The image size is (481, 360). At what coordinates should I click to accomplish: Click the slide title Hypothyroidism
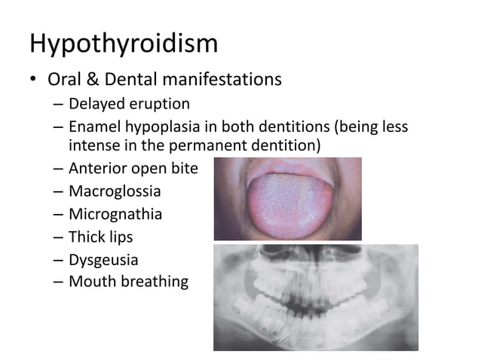124,43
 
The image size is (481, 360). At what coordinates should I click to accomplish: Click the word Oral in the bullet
66,79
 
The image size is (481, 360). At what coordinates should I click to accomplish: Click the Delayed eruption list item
129,104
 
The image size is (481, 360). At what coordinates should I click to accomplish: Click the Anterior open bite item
133,169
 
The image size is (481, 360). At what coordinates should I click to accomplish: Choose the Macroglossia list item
115,191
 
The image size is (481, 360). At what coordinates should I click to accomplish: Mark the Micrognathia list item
115,214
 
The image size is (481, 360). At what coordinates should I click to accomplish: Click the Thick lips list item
100,237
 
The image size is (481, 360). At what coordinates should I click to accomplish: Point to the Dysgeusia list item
103,261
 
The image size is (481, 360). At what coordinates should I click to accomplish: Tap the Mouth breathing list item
128,282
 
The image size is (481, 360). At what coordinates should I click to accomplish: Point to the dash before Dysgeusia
58,261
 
